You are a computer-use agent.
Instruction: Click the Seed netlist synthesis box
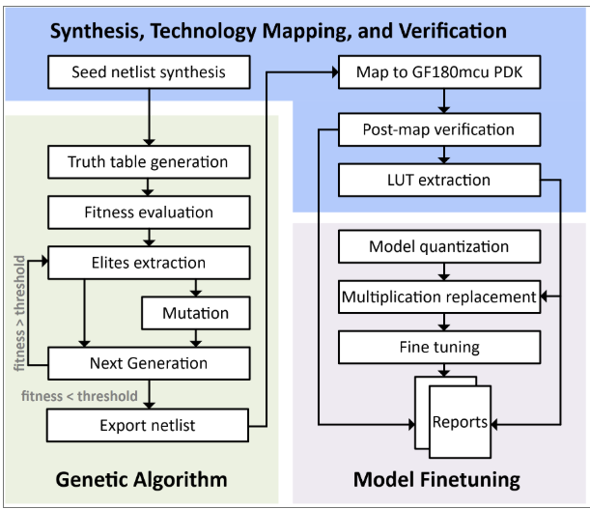pyautogui.click(x=148, y=72)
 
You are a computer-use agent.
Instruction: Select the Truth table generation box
pyautogui.click(x=148, y=161)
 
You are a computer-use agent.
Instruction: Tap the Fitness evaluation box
pyautogui.click(x=148, y=212)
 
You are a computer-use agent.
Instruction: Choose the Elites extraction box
pyautogui.click(x=148, y=262)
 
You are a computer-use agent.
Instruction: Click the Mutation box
pyautogui.click(x=196, y=313)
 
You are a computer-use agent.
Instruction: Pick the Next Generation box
pyautogui.click(x=148, y=363)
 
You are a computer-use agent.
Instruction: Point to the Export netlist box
pyautogui.click(x=148, y=423)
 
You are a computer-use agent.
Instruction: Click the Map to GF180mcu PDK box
pyautogui.click(x=437, y=72)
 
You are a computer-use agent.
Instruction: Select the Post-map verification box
pyautogui.click(x=437, y=128)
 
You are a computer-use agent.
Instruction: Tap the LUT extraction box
pyautogui.click(x=437, y=180)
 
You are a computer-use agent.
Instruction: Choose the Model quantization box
pyautogui.click(x=437, y=246)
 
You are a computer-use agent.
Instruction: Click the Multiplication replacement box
pyautogui.click(x=437, y=297)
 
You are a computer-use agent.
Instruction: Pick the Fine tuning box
pyautogui.click(x=437, y=347)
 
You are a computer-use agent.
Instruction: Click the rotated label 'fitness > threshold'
pyautogui.click(x=20, y=311)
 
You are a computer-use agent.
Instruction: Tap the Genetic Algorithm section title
pyautogui.click(x=141, y=479)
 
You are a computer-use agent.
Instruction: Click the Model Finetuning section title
pyautogui.click(x=437, y=479)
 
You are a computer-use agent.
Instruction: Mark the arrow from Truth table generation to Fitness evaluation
pyautogui.click(x=148, y=186)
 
